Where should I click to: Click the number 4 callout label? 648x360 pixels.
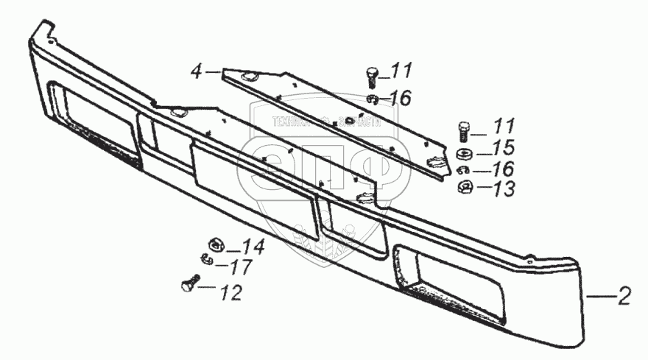[x=196, y=71]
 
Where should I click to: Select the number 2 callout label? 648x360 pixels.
[x=624, y=298]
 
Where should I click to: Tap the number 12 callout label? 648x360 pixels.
[x=230, y=292]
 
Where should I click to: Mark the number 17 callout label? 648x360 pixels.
[x=241, y=266]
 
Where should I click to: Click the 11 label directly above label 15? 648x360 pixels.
[x=504, y=125]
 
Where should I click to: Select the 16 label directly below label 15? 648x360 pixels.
[x=504, y=169]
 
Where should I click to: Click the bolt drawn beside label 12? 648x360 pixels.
[x=189, y=282]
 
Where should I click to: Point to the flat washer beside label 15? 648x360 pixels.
[x=465, y=154]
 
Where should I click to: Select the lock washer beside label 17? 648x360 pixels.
[x=206, y=258]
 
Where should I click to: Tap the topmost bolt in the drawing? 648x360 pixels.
[x=372, y=76]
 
